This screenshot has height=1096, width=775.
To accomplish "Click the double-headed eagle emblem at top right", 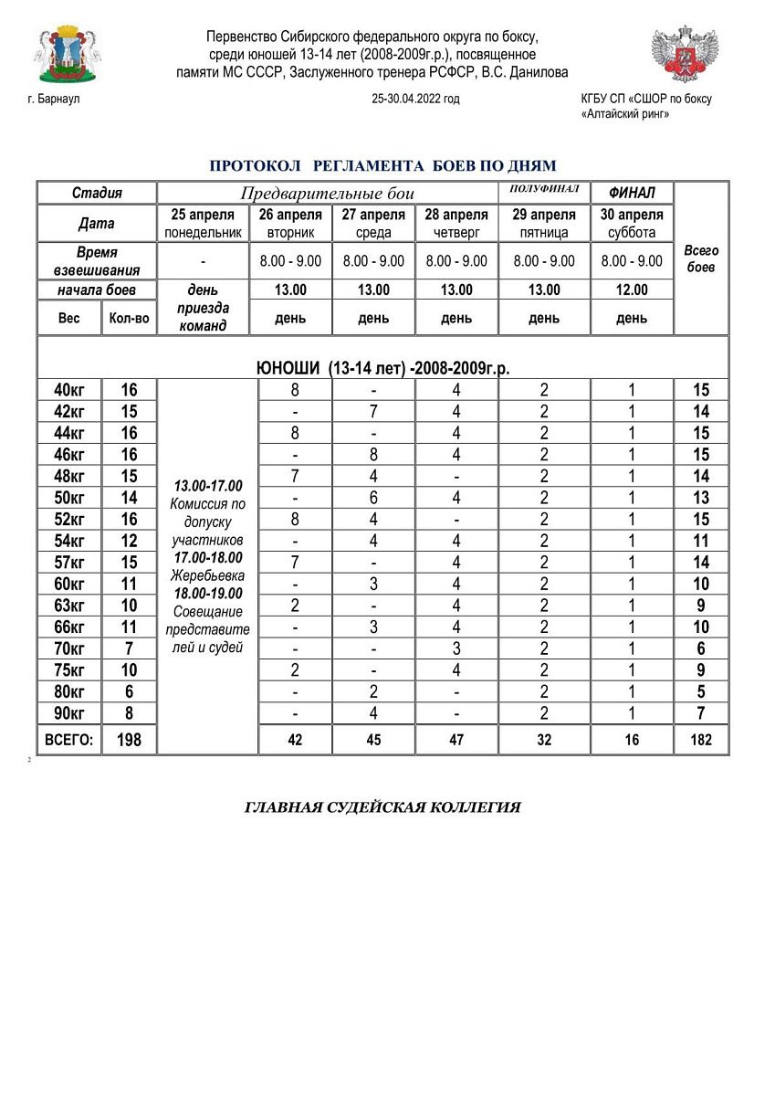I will (685, 54).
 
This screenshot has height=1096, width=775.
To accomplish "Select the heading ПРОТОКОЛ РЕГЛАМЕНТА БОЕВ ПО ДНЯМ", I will (382, 165).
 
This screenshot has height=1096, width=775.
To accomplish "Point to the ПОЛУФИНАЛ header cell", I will (544, 189).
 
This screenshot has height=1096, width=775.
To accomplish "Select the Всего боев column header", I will (701, 258).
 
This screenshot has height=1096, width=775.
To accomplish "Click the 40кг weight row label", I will (69, 390).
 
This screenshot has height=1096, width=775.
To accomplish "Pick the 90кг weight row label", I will (69, 712).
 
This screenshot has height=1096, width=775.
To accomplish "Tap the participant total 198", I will (130, 740).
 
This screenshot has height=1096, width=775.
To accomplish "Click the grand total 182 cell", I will (701, 740).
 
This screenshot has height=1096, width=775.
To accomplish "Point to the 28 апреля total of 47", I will (456, 740).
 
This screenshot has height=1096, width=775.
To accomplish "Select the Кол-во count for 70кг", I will (130, 648).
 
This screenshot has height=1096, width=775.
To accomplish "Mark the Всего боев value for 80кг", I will (701, 691).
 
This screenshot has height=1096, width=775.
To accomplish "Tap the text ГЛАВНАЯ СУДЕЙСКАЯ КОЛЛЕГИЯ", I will (382, 807).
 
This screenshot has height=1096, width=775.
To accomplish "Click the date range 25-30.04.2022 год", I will (415, 100).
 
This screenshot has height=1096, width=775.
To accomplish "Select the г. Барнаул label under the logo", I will (55, 100).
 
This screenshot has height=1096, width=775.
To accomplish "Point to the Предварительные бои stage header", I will (328, 194).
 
